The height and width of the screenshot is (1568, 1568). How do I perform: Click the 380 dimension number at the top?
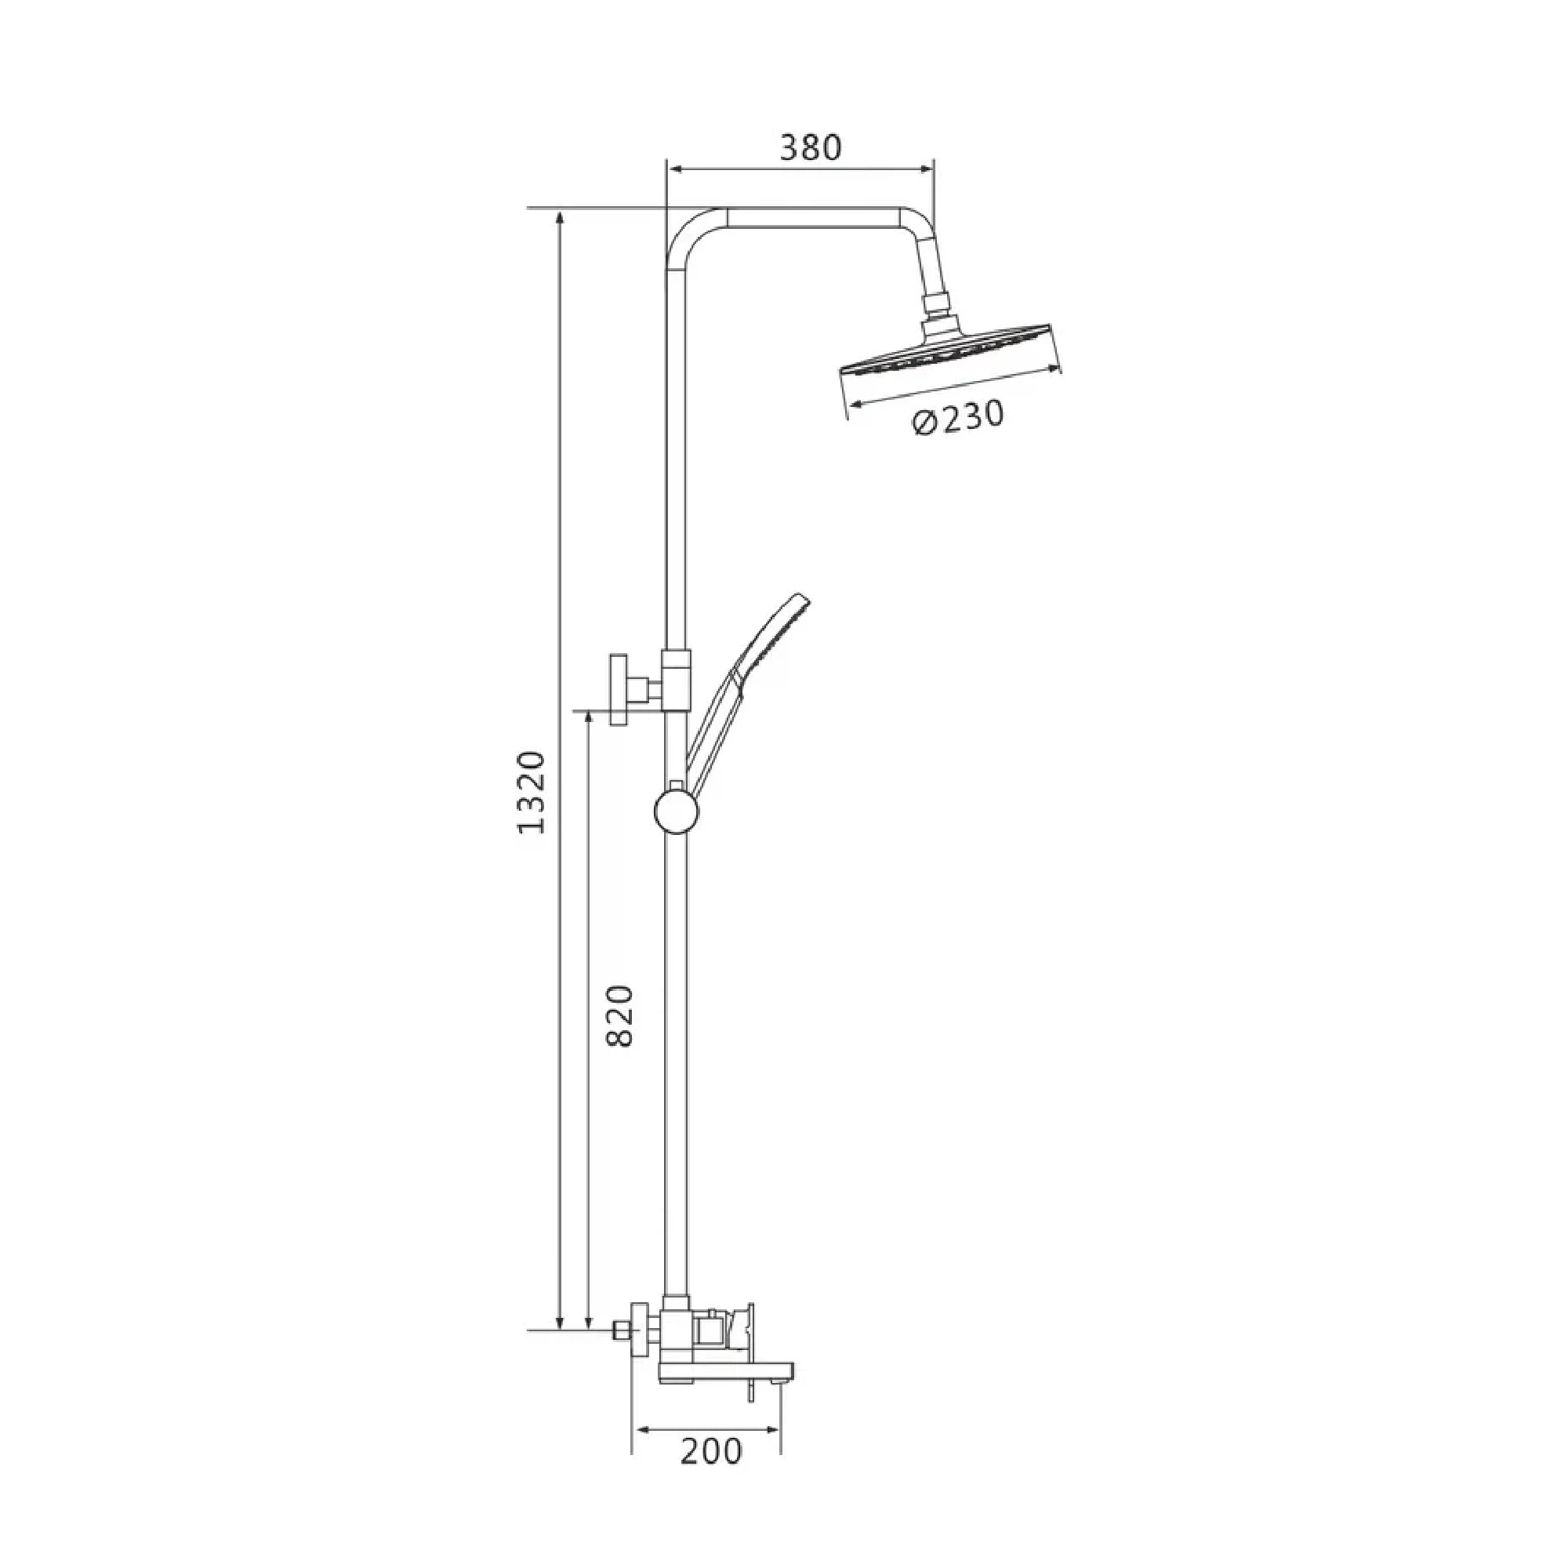click(x=811, y=147)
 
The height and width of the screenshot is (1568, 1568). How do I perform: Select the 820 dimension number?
click(x=619, y=1015)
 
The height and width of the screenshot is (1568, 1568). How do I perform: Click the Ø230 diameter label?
click(x=959, y=416)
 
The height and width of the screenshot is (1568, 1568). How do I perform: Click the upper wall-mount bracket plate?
click(x=622, y=690)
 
